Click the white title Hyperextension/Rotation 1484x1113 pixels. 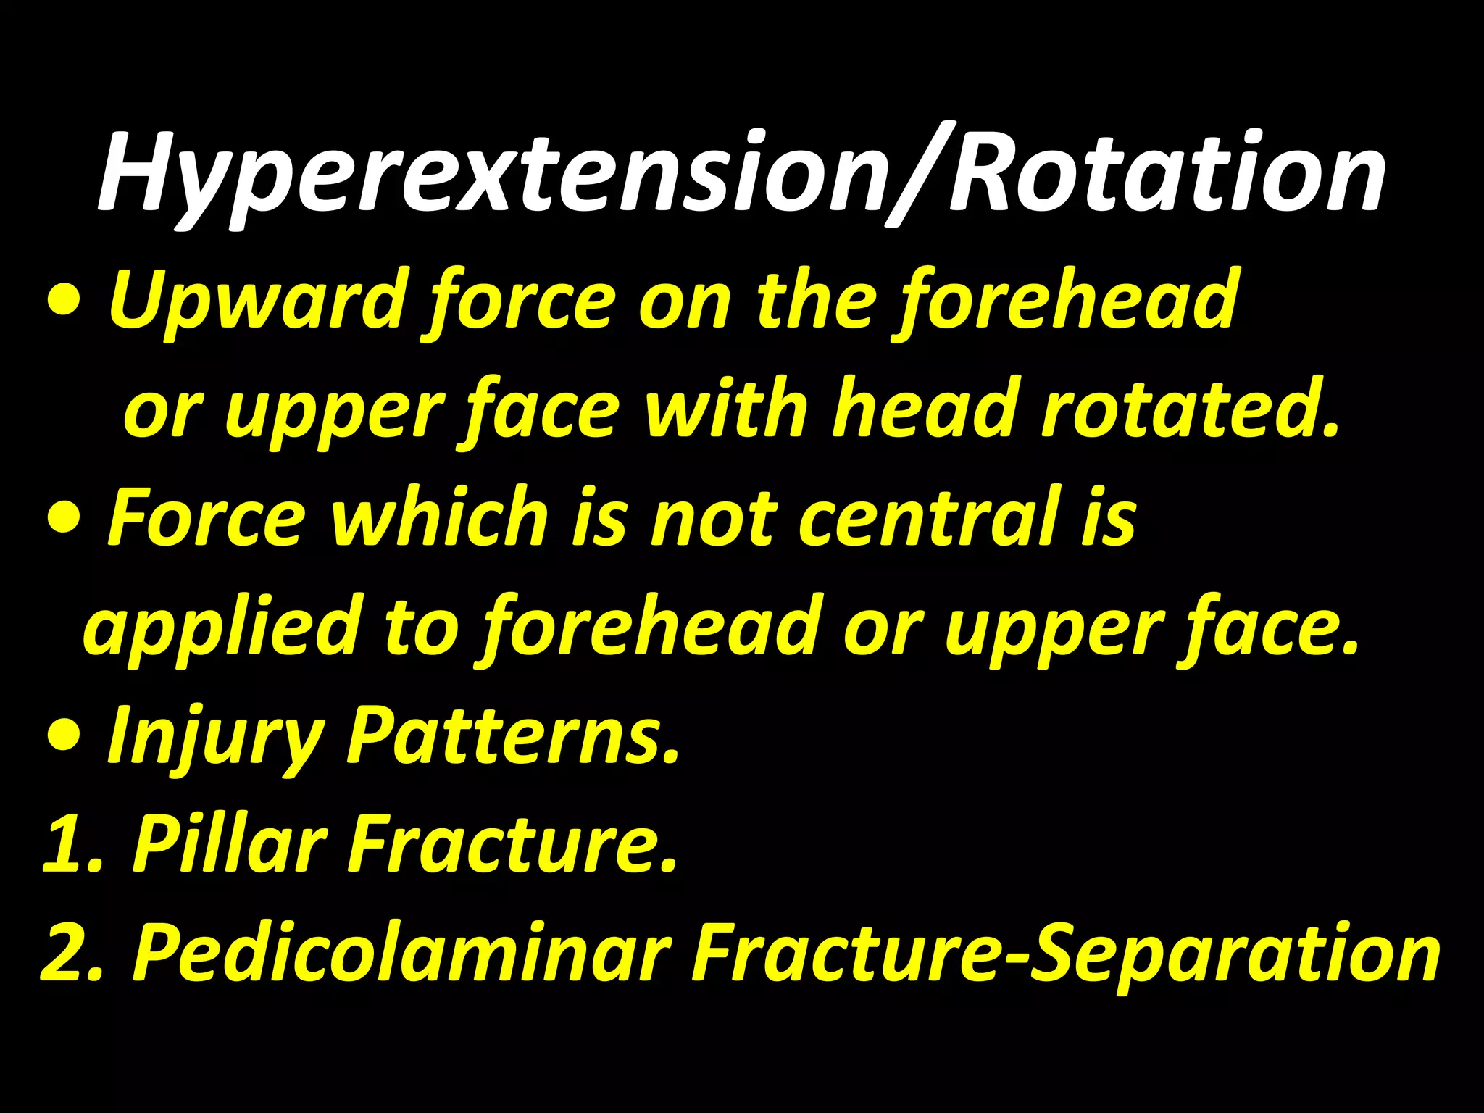[x=741, y=174]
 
